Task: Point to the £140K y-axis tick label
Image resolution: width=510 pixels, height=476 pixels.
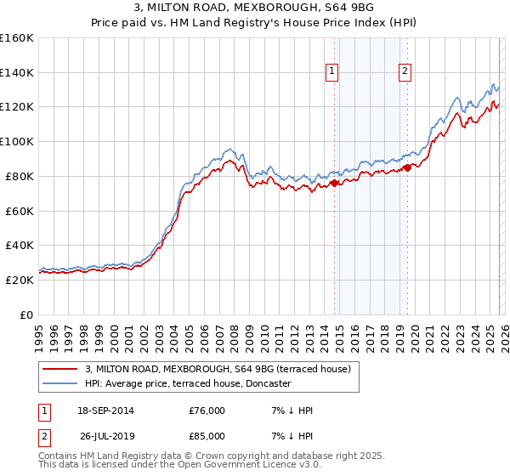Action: (x=17, y=72)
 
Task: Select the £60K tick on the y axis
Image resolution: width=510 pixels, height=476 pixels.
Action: (x=20, y=211)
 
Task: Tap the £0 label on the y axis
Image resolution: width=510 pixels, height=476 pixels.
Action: (x=27, y=314)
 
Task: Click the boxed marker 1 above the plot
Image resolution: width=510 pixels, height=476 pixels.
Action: (x=331, y=72)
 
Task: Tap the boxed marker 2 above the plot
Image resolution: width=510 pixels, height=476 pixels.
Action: (x=405, y=72)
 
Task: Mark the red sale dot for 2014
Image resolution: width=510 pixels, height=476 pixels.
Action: (x=335, y=182)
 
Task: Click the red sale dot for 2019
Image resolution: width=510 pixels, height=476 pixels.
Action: (x=407, y=167)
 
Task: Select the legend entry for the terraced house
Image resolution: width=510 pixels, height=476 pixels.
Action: (x=224, y=369)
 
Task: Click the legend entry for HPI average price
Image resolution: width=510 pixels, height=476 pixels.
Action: (x=188, y=383)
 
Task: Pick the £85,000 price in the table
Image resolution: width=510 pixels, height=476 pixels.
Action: (x=207, y=437)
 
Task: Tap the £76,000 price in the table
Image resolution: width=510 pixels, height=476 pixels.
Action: (x=207, y=411)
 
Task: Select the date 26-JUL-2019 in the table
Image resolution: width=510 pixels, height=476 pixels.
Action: (x=105, y=437)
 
